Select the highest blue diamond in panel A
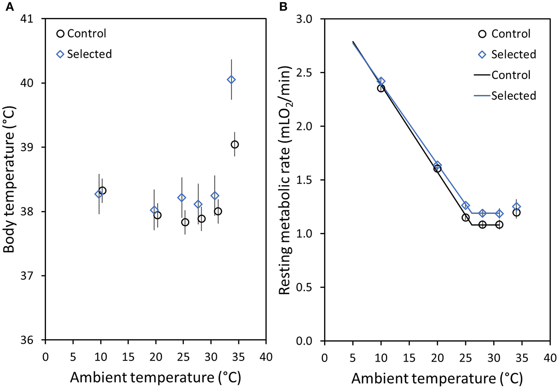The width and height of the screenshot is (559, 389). (231, 79)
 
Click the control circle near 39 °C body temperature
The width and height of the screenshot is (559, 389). (235, 145)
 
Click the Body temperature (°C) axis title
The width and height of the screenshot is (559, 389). (9, 179)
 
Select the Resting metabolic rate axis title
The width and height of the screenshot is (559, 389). (285, 180)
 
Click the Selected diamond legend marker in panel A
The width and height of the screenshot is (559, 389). (60, 54)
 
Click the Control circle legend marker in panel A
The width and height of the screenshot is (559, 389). (60, 34)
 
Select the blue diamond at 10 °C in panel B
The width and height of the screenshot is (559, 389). (381, 81)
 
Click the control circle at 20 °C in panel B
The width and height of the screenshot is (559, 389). (437, 169)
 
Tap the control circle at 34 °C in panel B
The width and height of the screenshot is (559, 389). (516, 213)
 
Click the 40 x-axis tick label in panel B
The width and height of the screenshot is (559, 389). (550, 357)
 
